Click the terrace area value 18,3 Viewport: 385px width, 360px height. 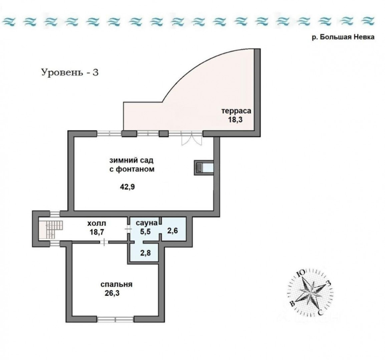[236, 120]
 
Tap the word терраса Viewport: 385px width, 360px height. [236, 111]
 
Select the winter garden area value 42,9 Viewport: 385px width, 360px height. [127, 187]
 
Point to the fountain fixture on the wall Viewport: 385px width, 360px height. [204, 168]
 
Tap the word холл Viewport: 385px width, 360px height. [96, 224]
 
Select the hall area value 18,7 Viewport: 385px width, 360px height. [97, 232]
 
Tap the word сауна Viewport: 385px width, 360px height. [146, 223]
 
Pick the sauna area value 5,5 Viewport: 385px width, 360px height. [145, 231]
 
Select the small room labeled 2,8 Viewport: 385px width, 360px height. [145, 253]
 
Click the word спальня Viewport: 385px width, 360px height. [116, 284]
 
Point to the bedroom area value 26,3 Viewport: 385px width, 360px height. [112, 293]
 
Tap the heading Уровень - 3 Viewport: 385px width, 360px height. [70, 72]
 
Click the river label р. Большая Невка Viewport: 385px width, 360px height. [343, 37]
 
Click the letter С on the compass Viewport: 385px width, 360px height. [320, 312]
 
